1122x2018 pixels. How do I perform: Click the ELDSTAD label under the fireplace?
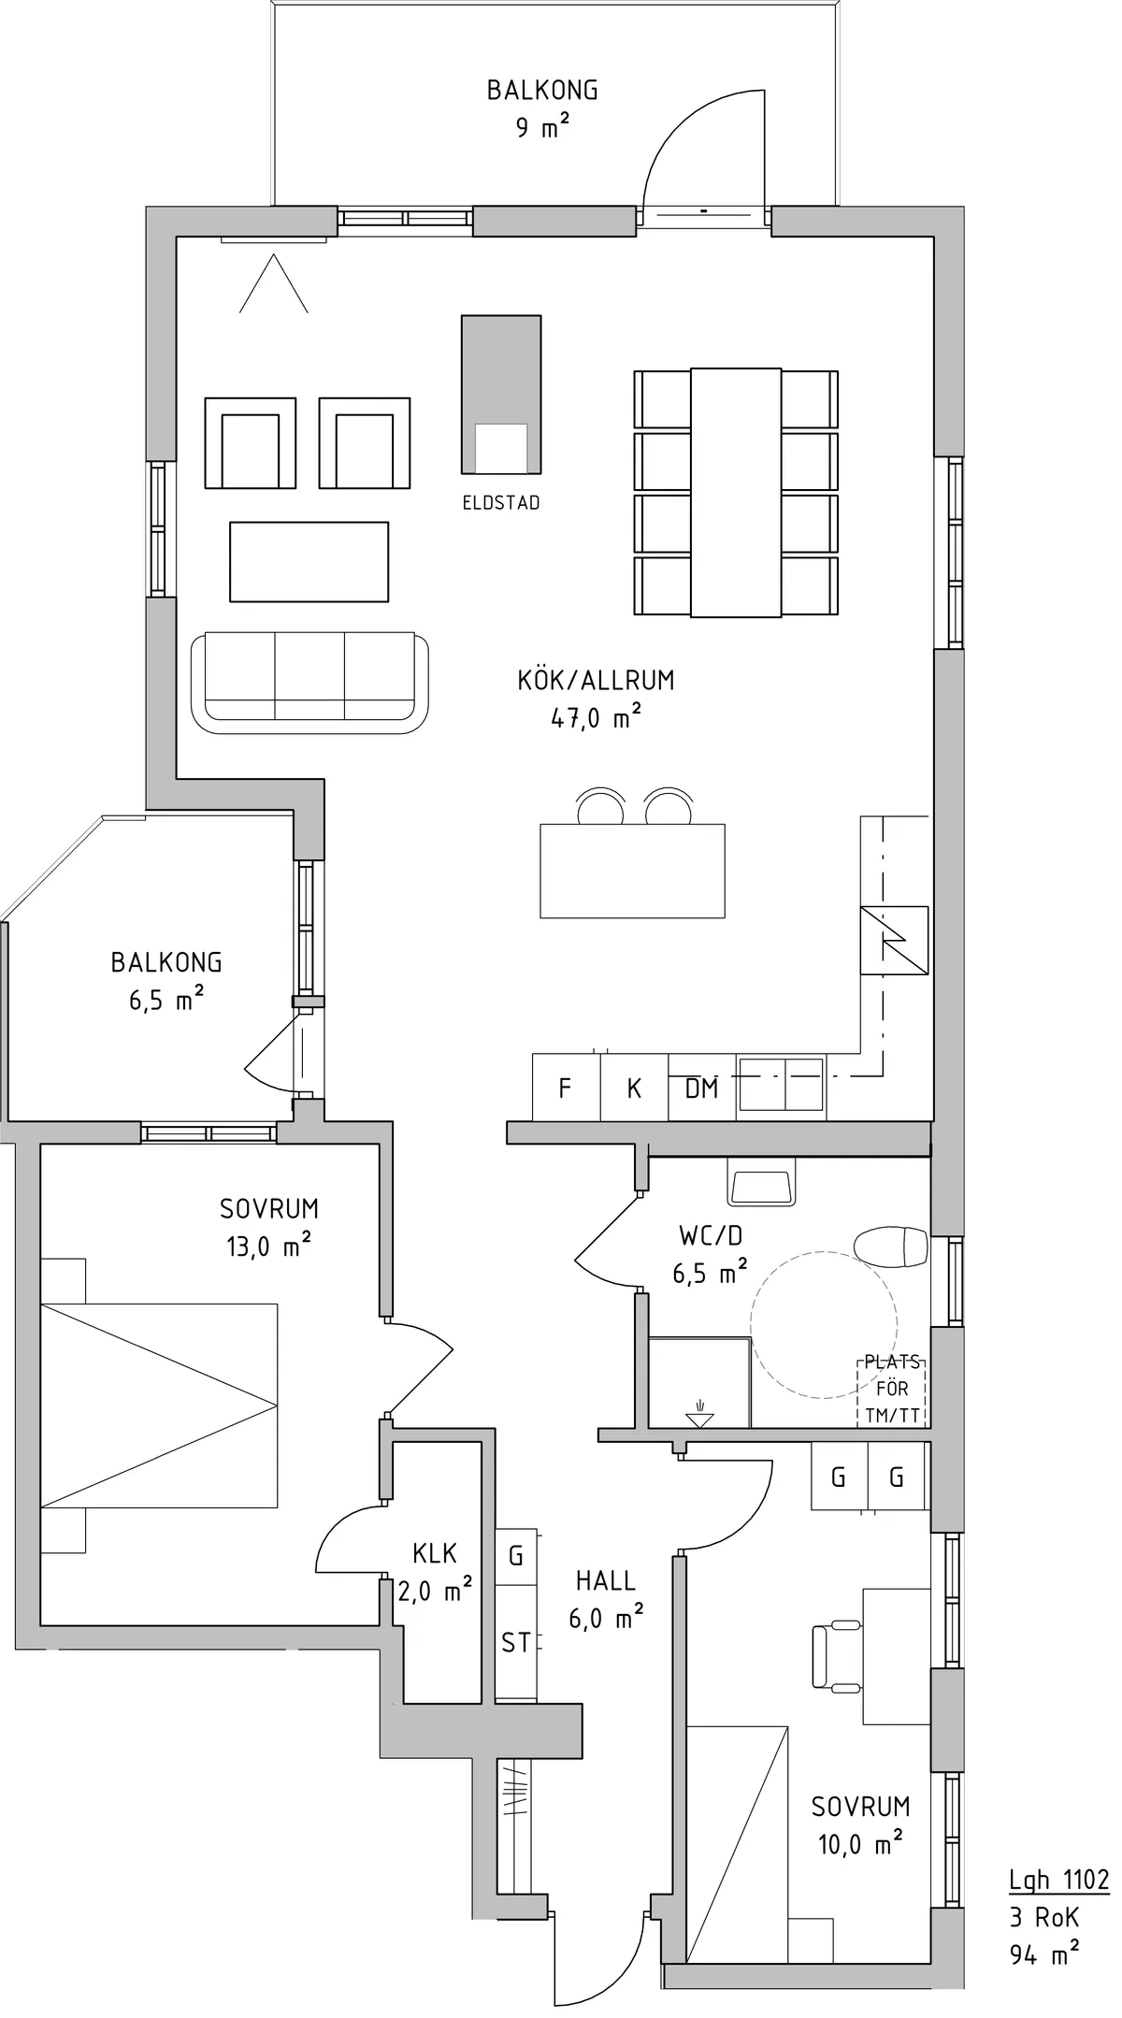501,503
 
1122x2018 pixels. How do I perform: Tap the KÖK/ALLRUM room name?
596,680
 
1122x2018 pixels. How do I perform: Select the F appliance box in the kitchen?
566,1088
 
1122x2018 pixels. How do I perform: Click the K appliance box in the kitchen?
634,1088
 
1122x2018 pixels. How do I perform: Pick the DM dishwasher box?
702,1088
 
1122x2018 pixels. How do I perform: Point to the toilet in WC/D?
891,1246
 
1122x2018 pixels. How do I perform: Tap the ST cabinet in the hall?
516,1642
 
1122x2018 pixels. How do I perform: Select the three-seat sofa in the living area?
309,683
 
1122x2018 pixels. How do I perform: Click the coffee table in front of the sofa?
309,562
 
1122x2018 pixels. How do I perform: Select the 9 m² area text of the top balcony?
543,126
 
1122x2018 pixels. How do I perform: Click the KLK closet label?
435,1553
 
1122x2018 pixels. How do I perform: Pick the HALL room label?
606,1581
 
